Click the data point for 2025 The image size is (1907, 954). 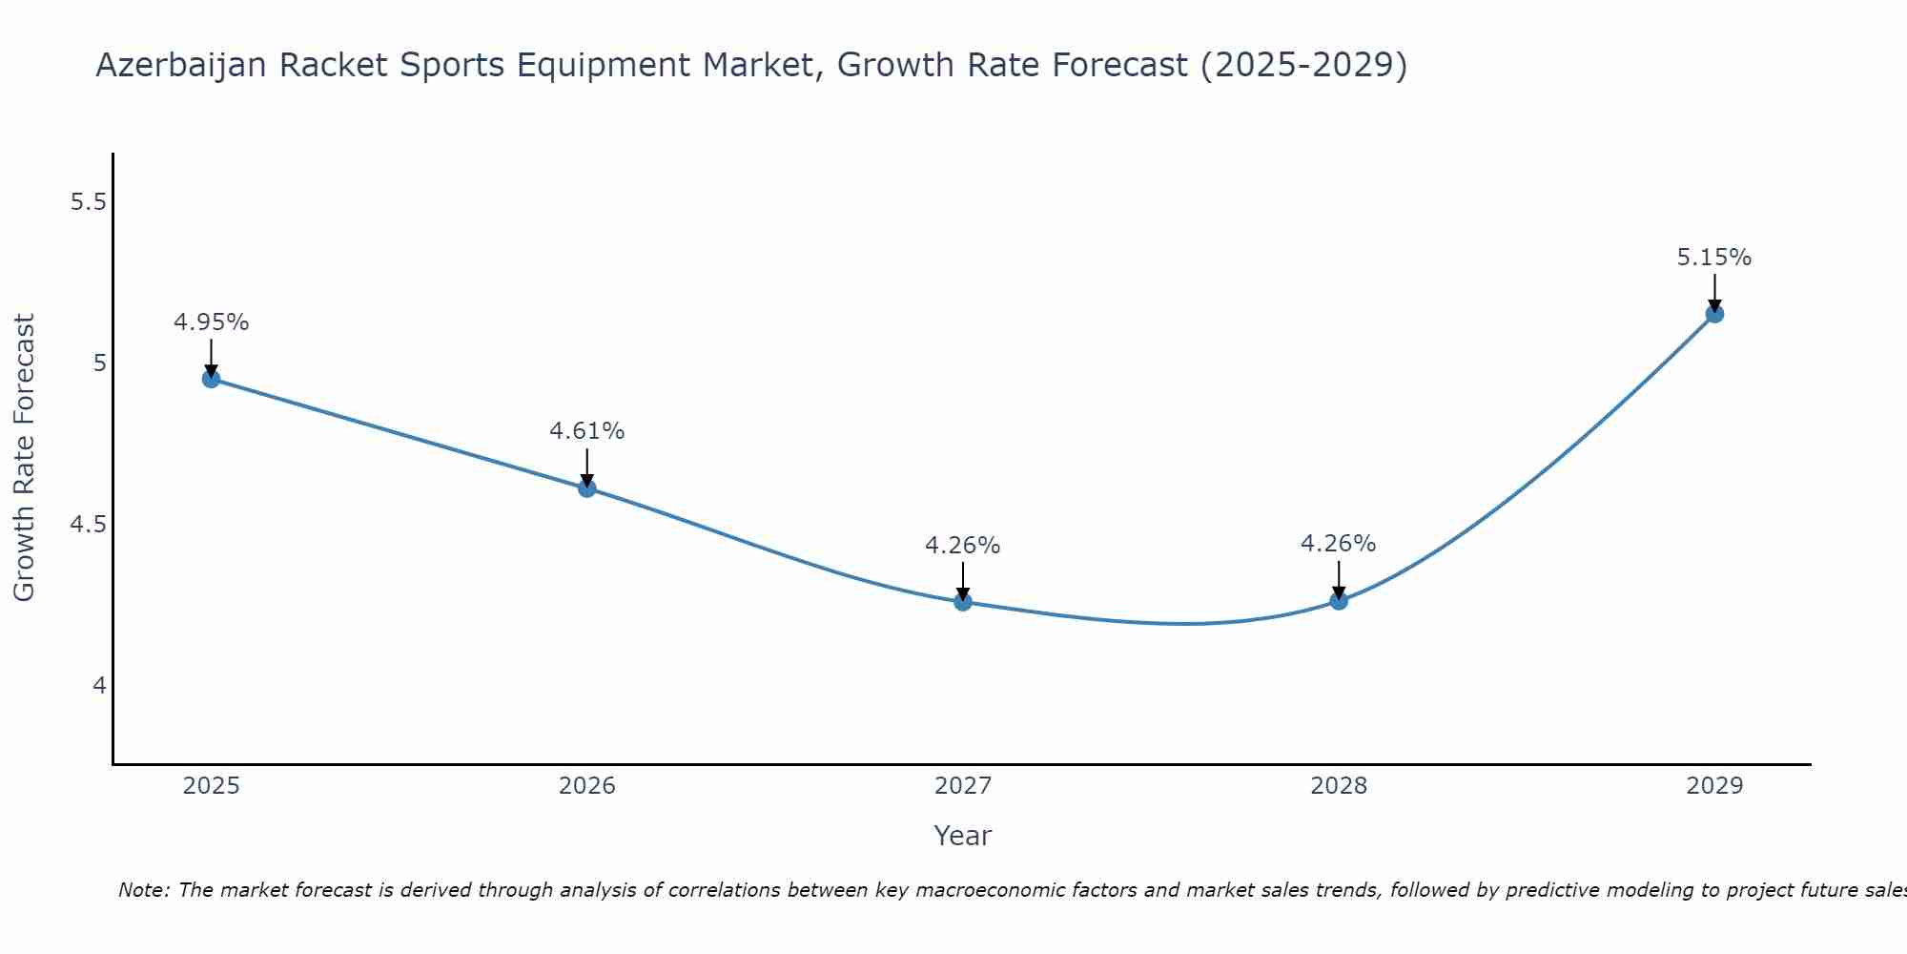211,379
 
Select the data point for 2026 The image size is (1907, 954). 586,488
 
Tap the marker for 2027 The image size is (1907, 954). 962,602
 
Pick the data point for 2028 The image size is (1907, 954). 1338,601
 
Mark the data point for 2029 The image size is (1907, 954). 1713,314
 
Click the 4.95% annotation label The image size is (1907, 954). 211,322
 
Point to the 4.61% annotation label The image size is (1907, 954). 586,431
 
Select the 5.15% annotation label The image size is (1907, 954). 1713,258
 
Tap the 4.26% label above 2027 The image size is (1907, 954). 962,546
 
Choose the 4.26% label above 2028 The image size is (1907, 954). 1338,544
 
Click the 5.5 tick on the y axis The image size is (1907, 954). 89,202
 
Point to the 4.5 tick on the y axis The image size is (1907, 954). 89,525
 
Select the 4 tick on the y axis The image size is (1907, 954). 99,686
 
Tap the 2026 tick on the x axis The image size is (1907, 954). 586,786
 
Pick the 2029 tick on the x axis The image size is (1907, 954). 1713,786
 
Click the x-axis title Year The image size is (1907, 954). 962,836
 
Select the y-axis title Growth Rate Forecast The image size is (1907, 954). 24,458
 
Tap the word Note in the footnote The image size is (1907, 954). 143,890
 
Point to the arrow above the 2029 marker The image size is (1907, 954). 1713,292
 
